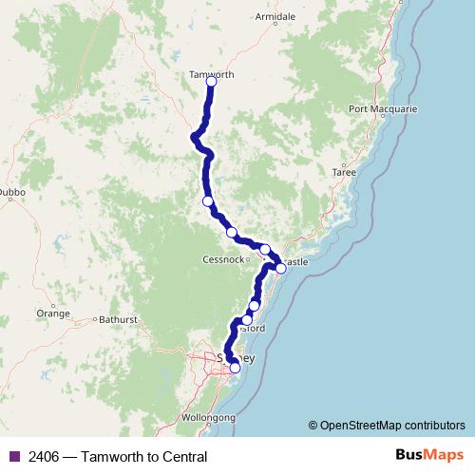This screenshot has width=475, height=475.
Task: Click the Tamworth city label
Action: (212, 74)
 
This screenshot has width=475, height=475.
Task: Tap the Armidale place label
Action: (276, 17)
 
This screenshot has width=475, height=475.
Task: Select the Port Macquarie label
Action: (383, 109)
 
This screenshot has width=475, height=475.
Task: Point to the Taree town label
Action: (343, 172)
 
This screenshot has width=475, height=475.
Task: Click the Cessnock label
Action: (223, 259)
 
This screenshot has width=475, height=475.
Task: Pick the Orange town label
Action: (53, 313)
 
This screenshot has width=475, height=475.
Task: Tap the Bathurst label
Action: (119, 320)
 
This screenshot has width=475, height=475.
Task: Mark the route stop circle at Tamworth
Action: (211, 83)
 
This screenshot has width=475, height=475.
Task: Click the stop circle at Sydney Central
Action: (235, 368)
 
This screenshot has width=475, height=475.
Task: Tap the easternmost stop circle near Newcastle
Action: (280, 269)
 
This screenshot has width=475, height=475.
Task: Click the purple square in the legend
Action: (13, 457)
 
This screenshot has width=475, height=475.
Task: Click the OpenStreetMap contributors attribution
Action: (392, 426)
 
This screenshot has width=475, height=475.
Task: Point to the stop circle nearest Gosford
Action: (247, 320)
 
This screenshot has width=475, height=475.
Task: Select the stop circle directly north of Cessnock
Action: (231, 233)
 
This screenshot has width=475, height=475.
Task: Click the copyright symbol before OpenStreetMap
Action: (313, 426)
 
